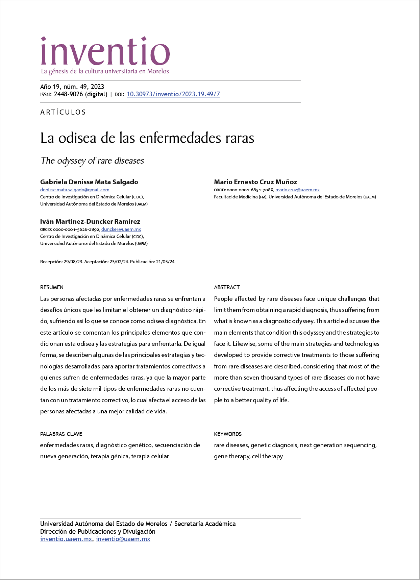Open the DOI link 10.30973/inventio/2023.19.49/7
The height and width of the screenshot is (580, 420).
173,94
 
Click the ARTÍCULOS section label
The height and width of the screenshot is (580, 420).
63,112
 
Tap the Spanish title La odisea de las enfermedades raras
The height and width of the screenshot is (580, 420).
147,138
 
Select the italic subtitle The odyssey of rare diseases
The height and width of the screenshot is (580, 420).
92,161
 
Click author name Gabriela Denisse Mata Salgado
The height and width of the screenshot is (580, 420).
89,182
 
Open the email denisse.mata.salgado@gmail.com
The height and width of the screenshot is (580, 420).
75,190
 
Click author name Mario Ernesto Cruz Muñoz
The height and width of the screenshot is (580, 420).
255,182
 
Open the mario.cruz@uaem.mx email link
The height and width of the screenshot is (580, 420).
297,190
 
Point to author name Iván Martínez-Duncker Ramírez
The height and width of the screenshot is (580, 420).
90,221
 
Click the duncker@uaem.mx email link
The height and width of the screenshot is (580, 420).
121,229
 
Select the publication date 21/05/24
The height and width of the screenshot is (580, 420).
165,262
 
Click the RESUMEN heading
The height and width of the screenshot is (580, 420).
52,287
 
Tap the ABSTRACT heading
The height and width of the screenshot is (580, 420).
227,287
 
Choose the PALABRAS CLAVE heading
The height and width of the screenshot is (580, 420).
61,434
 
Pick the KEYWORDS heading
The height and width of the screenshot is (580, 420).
228,434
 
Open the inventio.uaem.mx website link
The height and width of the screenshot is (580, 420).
66,539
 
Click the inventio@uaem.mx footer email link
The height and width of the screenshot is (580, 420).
123,539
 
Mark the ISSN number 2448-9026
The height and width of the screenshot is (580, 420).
68,94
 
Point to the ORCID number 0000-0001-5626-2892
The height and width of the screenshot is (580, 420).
76,229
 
